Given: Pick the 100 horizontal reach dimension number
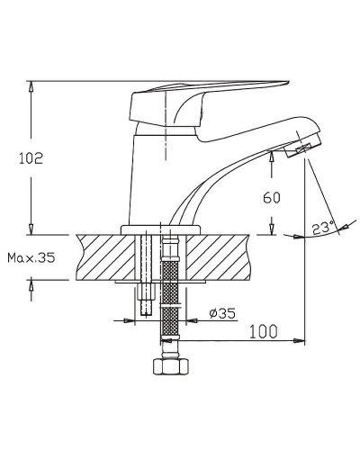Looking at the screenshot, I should coord(262,331).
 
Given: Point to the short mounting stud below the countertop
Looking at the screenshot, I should coord(147,301).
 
